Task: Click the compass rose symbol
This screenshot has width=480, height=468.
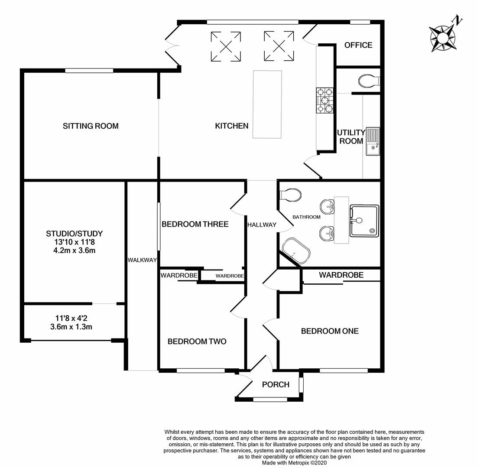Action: pyautogui.click(x=443, y=39)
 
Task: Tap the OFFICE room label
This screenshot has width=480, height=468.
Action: pyautogui.click(x=358, y=45)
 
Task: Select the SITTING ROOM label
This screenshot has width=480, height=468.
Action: pyautogui.click(x=91, y=126)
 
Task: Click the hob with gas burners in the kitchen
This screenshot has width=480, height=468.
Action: pyautogui.click(x=325, y=100)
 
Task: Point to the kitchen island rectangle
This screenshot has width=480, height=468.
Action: pyautogui.click(x=267, y=104)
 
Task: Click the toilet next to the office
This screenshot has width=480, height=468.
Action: pyautogui.click(x=369, y=81)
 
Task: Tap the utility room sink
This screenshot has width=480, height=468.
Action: pyautogui.click(x=373, y=142)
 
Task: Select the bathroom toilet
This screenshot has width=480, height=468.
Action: pyautogui.click(x=291, y=195)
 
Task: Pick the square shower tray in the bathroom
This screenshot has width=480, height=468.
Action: pyautogui.click(x=364, y=221)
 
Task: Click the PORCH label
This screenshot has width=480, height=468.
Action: pyautogui.click(x=276, y=384)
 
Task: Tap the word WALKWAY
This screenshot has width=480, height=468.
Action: pyautogui.click(x=142, y=260)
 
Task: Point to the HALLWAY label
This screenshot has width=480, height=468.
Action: pyautogui.click(x=262, y=225)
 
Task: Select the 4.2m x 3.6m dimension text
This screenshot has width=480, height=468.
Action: pyautogui.click(x=74, y=250)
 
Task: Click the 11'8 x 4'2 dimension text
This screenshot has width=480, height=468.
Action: pyautogui.click(x=71, y=318)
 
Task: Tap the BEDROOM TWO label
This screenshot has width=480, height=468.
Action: pyautogui.click(x=197, y=341)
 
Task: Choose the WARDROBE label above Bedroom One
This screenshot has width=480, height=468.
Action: pyautogui.click(x=341, y=275)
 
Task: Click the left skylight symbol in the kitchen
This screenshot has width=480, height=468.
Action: pyautogui.click(x=226, y=46)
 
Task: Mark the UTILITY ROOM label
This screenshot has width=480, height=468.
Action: pyautogui.click(x=351, y=136)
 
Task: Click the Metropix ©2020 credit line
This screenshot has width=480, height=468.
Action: pyautogui.click(x=294, y=463)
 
